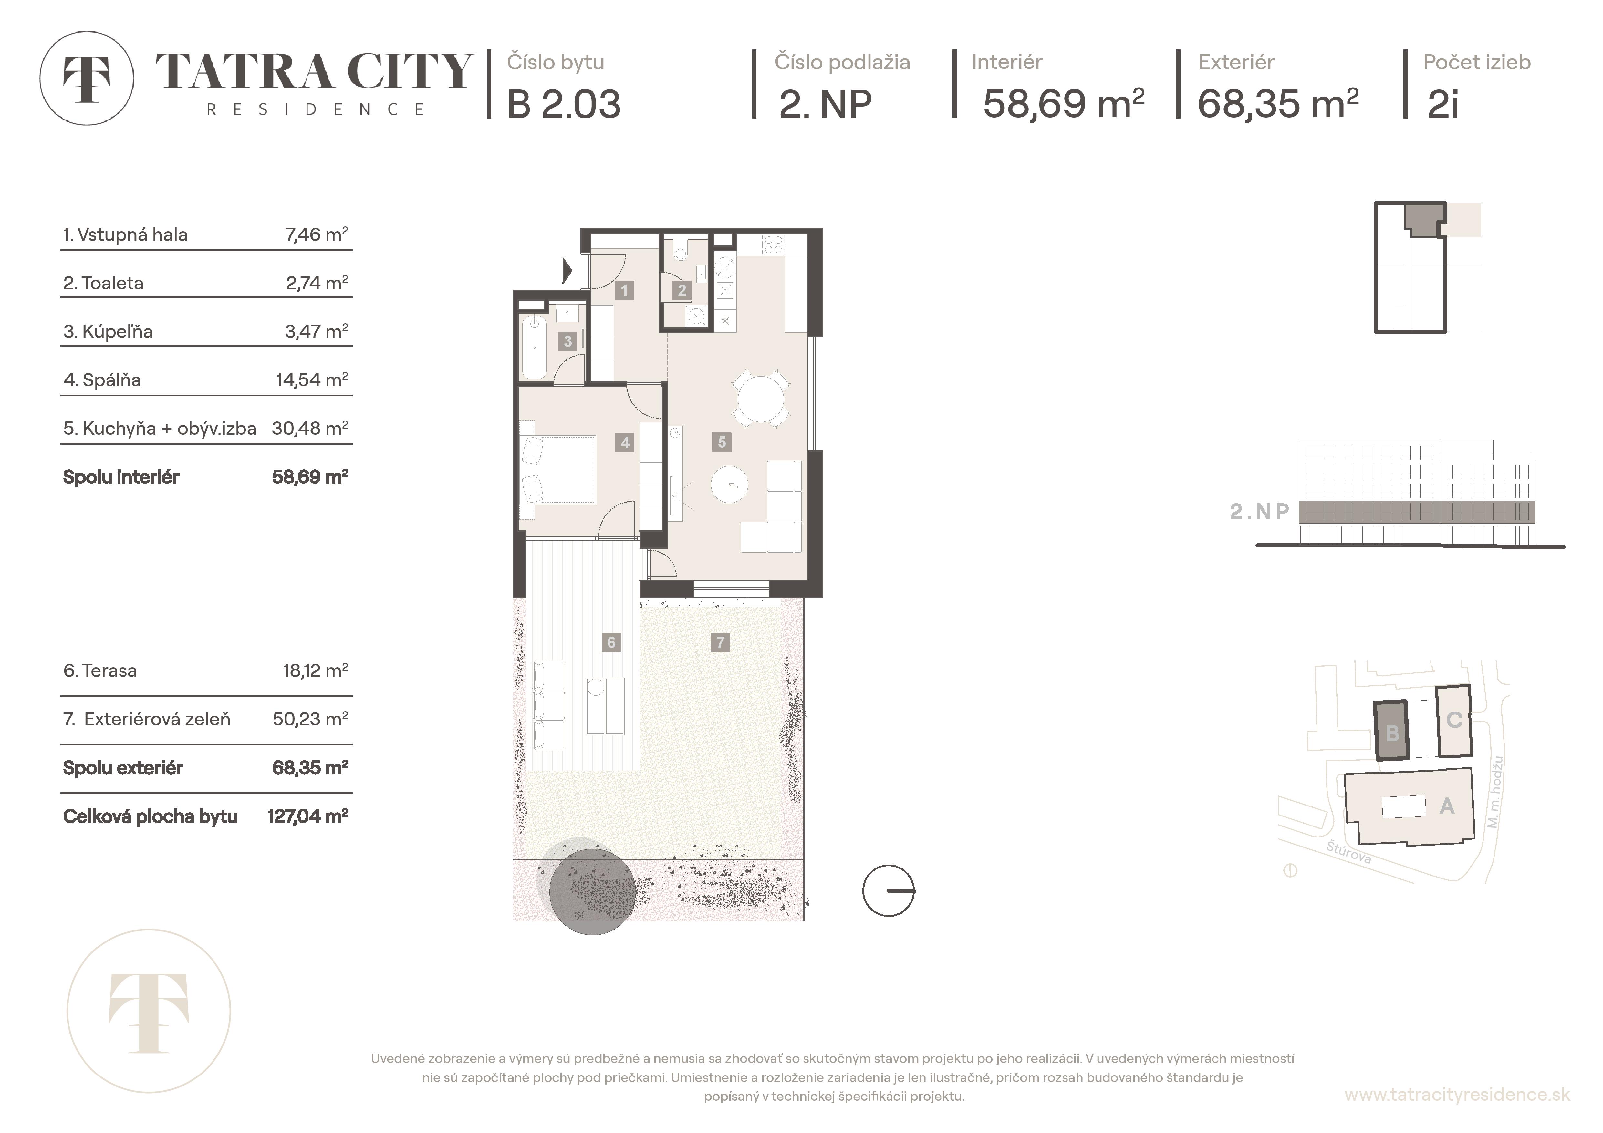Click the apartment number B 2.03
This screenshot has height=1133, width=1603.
[563, 105]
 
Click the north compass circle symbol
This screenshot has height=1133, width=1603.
[888, 891]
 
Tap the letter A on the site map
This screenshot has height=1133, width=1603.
[1447, 806]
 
